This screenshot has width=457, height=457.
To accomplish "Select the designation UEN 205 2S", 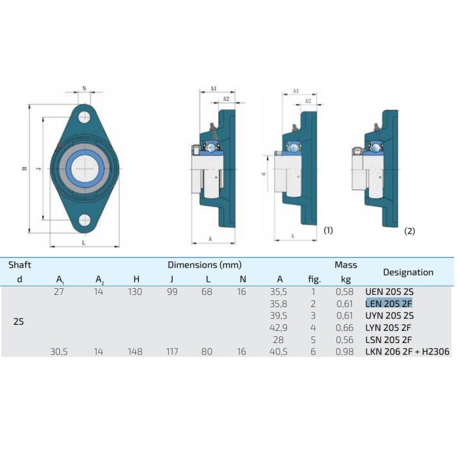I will [389, 292].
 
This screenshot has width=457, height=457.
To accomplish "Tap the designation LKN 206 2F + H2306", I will [408, 352].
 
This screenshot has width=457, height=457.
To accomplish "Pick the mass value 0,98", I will [345, 352].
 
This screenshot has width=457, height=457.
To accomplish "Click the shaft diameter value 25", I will [18, 321].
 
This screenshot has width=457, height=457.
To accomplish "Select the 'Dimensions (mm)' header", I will [205, 265].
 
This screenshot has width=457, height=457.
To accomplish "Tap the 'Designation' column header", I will [408, 272].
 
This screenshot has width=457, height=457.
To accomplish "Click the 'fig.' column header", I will [314, 280].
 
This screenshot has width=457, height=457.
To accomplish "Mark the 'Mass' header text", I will [345, 265].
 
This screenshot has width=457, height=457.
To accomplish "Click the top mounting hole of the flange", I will [84, 117].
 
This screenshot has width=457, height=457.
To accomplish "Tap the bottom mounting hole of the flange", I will [84, 219].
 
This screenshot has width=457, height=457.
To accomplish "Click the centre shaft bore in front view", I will [84, 168].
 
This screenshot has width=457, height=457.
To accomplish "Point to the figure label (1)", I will [328, 230].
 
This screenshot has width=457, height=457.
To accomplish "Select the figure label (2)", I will [409, 231].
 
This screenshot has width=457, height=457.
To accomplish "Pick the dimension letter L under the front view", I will [83, 243].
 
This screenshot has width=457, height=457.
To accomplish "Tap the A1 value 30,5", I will [59, 352].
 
